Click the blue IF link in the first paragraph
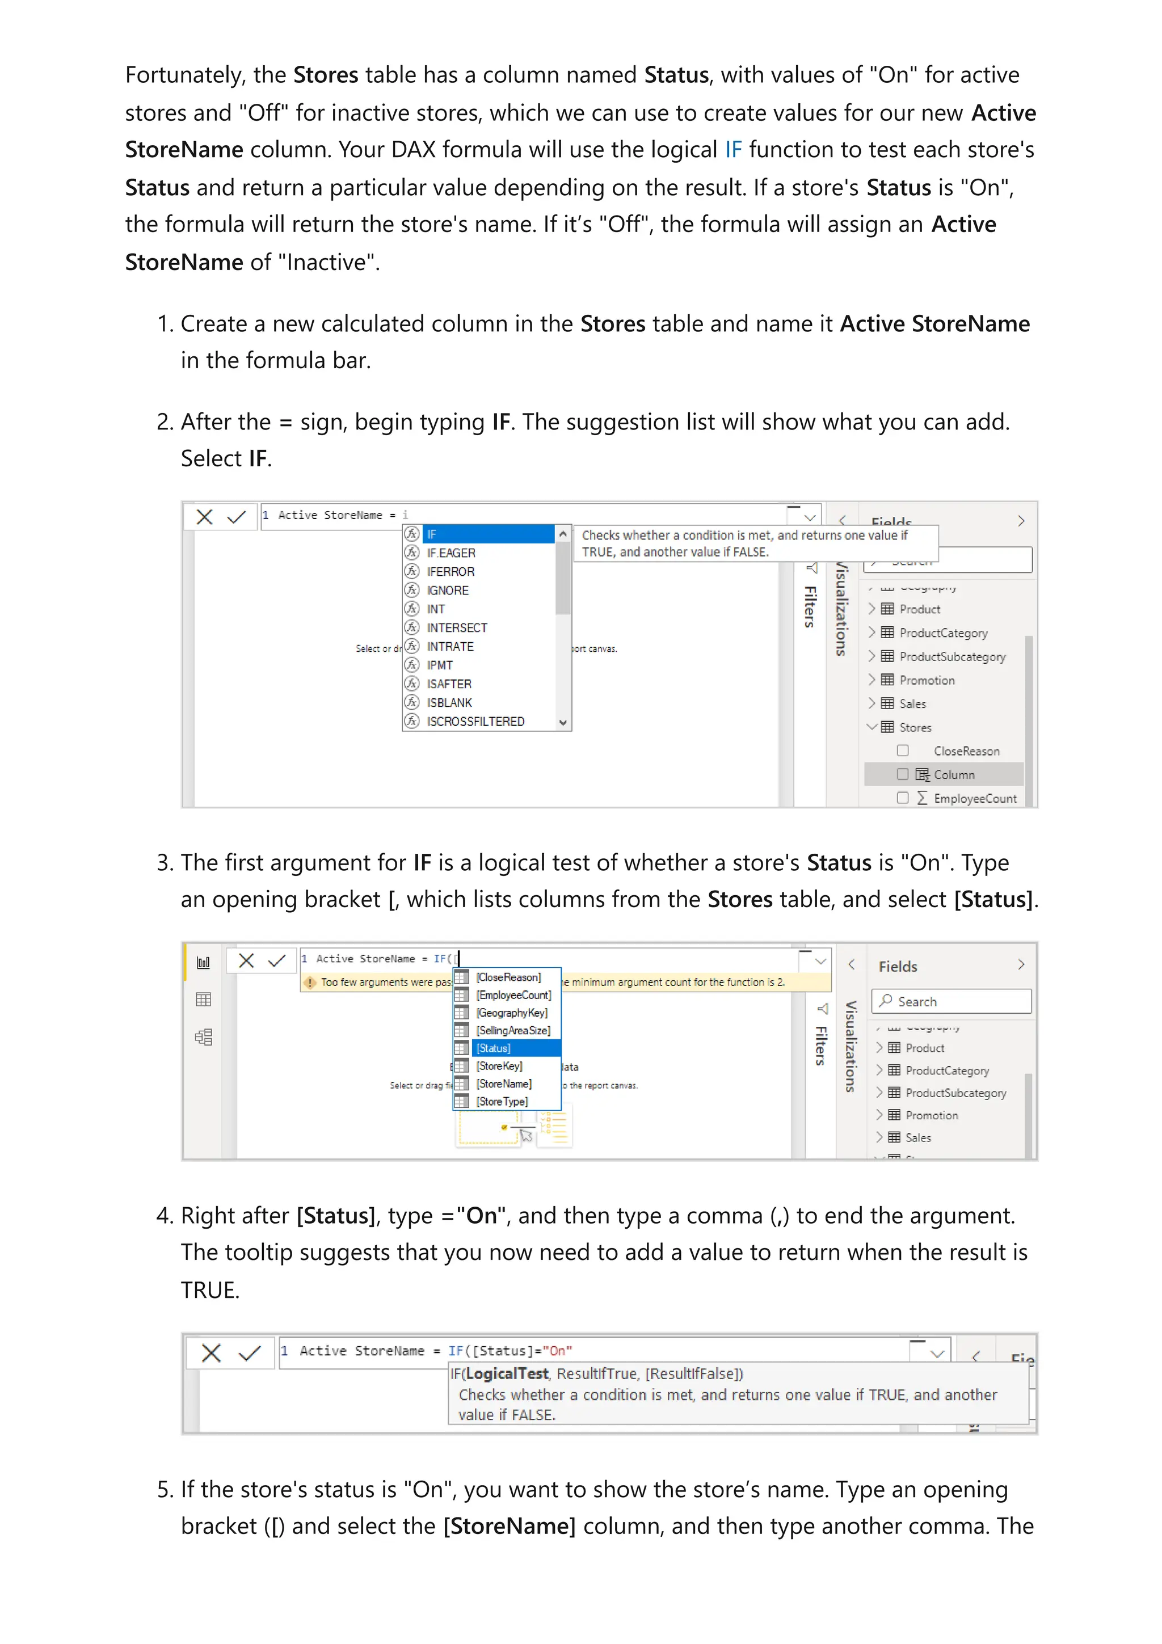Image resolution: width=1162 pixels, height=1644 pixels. click(x=732, y=150)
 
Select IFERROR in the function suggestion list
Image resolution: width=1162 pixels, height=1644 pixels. click(x=451, y=571)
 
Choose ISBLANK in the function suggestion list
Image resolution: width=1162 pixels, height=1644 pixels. click(x=449, y=702)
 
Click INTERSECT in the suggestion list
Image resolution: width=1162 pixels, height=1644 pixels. click(x=457, y=627)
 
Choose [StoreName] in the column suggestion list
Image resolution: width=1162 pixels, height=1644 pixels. click(x=504, y=1084)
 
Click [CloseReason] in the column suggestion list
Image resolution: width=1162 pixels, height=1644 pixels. click(x=508, y=977)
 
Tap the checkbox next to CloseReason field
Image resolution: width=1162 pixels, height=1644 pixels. click(x=903, y=751)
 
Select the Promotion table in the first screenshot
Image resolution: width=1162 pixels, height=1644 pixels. click(x=927, y=680)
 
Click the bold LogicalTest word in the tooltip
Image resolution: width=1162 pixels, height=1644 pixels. click(x=506, y=1373)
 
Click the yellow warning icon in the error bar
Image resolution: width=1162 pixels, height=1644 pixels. click(x=310, y=983)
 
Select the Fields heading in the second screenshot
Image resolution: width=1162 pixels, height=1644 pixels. click(x=898, y=966)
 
